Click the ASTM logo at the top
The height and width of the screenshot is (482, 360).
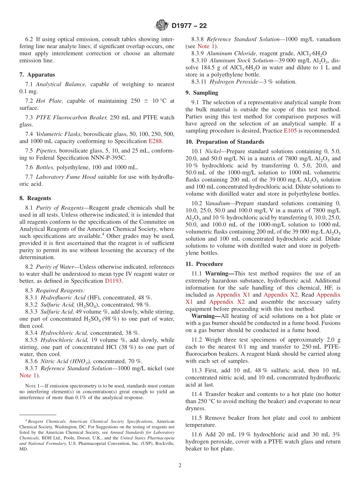pos(162,26)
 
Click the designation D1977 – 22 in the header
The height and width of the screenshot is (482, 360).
pos(189,26)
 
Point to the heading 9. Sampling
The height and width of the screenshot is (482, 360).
pos(202,92)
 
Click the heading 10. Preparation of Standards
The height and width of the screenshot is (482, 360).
pos(225,142)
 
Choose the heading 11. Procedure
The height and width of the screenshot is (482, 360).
pos(204,264)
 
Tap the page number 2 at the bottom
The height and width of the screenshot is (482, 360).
pos(180,465)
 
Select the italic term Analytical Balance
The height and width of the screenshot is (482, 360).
pos(57,84)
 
